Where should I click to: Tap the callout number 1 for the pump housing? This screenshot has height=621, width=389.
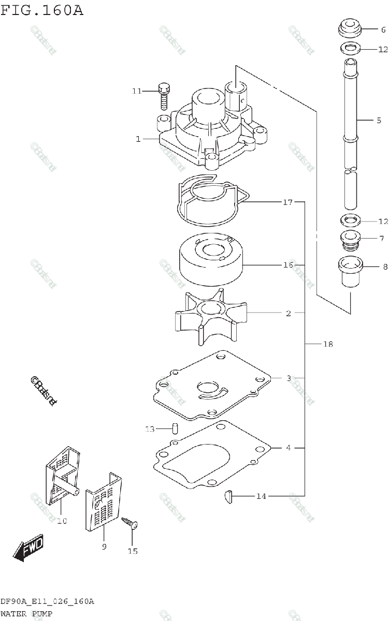tap(138, 139)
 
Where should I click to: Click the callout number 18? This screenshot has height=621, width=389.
tap(327, 344)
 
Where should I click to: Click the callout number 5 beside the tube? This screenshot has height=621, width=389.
tap(379, 120)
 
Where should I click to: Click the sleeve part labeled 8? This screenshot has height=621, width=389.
tap(350, 271)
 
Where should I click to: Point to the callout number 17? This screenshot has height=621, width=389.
tap(288, 202)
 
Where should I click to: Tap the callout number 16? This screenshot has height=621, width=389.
tap(288, 265)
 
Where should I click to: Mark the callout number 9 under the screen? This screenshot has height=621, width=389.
tap(104, 546)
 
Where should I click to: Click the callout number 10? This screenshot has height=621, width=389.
tap(62, 521)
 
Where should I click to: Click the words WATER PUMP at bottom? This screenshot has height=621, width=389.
tap(26, 614)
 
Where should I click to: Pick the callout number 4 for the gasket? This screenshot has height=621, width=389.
tap(289, 448)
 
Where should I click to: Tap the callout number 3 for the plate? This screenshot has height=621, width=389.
tap(289, 378)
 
